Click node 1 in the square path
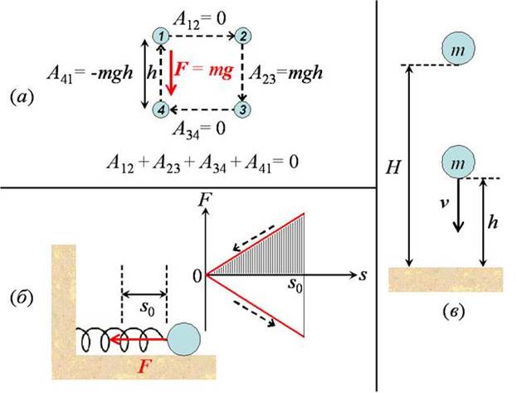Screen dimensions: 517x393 pos(161,36)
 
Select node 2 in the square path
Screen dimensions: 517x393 pos(243,36)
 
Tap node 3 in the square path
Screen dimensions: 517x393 pos(242,109)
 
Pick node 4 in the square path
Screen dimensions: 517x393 pos(161,109)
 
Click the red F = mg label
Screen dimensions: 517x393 pos(204,70)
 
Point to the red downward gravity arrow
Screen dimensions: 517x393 pos(171,72)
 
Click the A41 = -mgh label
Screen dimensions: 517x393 pos(90,73)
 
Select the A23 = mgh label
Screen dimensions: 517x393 pos(285,73)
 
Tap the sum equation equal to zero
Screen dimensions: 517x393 pos(202,163)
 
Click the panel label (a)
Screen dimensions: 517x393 pos(22,98)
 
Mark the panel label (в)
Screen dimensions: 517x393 pos(454,311)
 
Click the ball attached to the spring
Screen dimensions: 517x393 pos(183,339)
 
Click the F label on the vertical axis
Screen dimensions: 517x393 pos(205,200)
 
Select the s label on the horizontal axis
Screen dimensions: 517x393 pos(363,275)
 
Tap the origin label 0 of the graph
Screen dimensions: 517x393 pos(198,276)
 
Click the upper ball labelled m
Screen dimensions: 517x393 pos(458,49)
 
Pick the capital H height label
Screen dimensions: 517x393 pos(393,167)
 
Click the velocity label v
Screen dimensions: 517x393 pos(445,204)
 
